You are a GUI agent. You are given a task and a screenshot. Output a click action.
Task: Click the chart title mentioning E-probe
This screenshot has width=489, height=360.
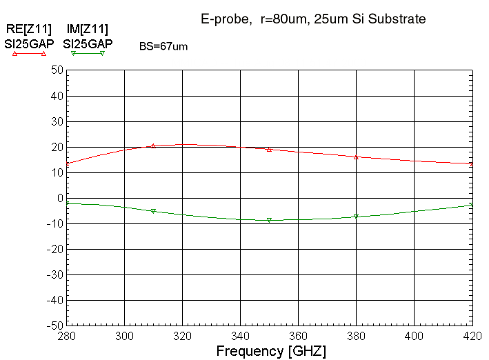313,19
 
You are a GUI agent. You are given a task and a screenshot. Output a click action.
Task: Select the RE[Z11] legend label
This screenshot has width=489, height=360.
28,29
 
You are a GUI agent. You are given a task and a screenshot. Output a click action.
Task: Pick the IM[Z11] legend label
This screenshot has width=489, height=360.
87,29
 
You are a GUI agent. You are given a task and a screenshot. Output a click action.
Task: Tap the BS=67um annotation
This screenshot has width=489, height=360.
163,46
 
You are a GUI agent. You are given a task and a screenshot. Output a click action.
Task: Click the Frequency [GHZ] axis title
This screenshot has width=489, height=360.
271,351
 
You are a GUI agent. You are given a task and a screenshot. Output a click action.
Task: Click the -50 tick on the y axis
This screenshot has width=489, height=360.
54,326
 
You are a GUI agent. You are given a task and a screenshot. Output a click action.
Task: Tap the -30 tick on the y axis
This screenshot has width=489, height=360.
54,274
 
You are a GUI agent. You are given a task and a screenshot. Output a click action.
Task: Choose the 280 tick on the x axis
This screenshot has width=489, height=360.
67,336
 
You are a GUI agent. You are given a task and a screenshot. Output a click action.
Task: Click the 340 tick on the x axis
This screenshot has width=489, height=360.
241,336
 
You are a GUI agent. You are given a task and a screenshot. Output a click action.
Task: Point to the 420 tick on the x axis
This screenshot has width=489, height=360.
472,336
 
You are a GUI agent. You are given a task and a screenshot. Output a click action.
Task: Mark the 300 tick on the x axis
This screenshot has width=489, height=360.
125,336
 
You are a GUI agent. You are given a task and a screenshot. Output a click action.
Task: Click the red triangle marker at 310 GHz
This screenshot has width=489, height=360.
153,146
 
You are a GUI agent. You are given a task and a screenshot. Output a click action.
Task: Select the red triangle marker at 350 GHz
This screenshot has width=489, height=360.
269,149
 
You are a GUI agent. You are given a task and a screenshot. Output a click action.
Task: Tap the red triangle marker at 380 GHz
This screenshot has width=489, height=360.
356,157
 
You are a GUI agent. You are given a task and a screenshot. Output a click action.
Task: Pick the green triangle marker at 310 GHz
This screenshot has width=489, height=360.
153,211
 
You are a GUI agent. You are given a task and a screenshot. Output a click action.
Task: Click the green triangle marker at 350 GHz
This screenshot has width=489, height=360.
269,220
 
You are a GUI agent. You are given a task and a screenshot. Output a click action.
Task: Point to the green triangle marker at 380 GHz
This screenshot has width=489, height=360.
356,217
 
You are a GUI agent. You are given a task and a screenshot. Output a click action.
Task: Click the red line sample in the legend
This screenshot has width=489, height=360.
29,53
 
